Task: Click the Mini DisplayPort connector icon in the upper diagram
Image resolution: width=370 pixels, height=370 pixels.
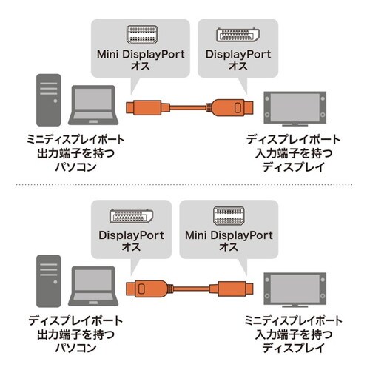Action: click(x=140, y=36)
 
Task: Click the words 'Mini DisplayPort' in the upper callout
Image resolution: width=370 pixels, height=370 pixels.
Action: click(x=140, y=54)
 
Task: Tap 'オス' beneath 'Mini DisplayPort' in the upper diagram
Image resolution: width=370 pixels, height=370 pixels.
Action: click(x=140, y=67)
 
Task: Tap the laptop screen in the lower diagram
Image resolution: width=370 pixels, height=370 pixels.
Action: click(x=92, y=284)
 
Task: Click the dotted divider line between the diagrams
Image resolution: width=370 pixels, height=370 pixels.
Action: click(x=185, y=184)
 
